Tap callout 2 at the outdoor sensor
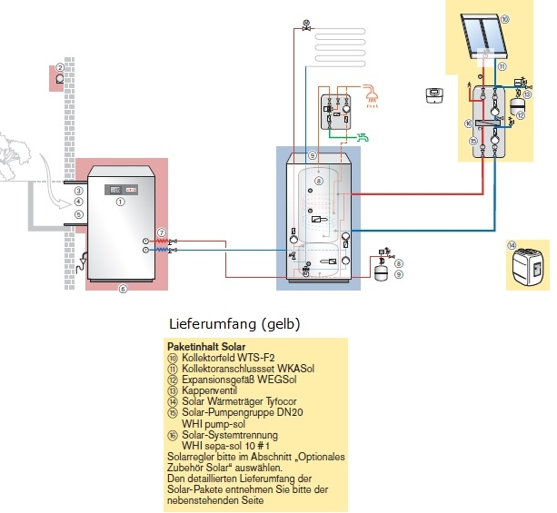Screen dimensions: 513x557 (x=59, y=66)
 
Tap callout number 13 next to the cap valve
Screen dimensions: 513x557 (x=528, y=94)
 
